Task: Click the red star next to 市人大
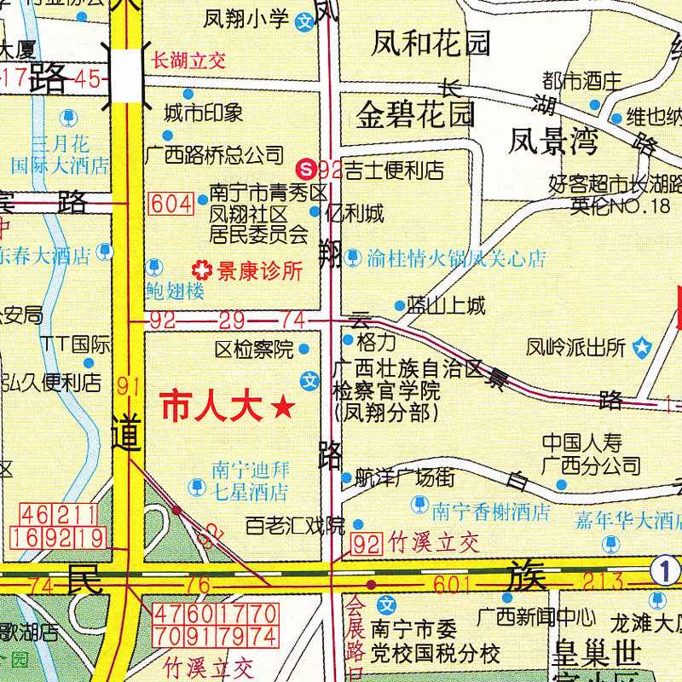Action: (x=283, y=408)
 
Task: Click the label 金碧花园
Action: (x=415, y=113)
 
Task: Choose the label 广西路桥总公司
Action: (x=214, y=155)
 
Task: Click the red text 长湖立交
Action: (x=188, y=60)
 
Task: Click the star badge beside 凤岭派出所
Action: (x=642, y=348)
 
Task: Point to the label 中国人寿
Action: (x=583, y=443)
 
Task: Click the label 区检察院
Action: (x=253, y=349)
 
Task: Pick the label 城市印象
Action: (x=204, y=113)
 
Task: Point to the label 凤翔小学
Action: (x=247, y=19)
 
